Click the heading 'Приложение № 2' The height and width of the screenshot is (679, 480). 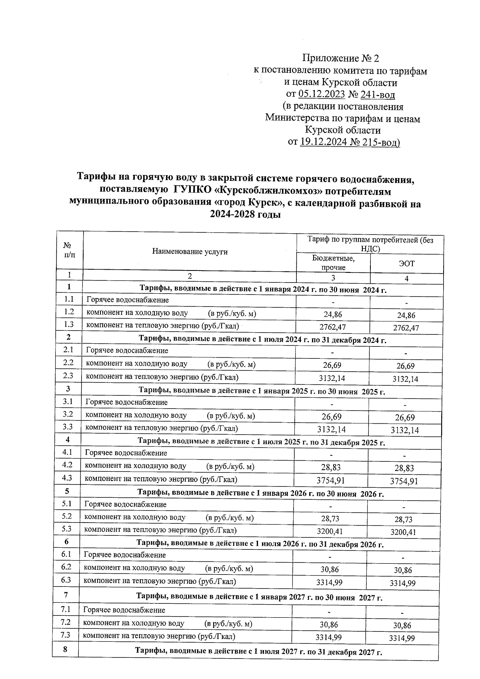340,58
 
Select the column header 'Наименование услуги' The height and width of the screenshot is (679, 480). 190,251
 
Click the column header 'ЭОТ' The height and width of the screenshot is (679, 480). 406,264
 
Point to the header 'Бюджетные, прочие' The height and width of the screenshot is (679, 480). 333,263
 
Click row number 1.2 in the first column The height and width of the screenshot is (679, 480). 69,312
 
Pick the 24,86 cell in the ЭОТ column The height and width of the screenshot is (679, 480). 406,315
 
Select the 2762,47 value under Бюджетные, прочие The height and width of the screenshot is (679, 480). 333,327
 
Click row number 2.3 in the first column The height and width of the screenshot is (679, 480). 68,376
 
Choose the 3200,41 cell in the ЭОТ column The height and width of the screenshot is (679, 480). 403,532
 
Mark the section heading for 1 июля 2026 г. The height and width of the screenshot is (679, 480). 260,544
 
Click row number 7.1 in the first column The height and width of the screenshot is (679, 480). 66,609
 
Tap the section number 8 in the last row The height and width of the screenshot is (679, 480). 65,649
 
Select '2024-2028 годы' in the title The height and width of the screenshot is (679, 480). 245,214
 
